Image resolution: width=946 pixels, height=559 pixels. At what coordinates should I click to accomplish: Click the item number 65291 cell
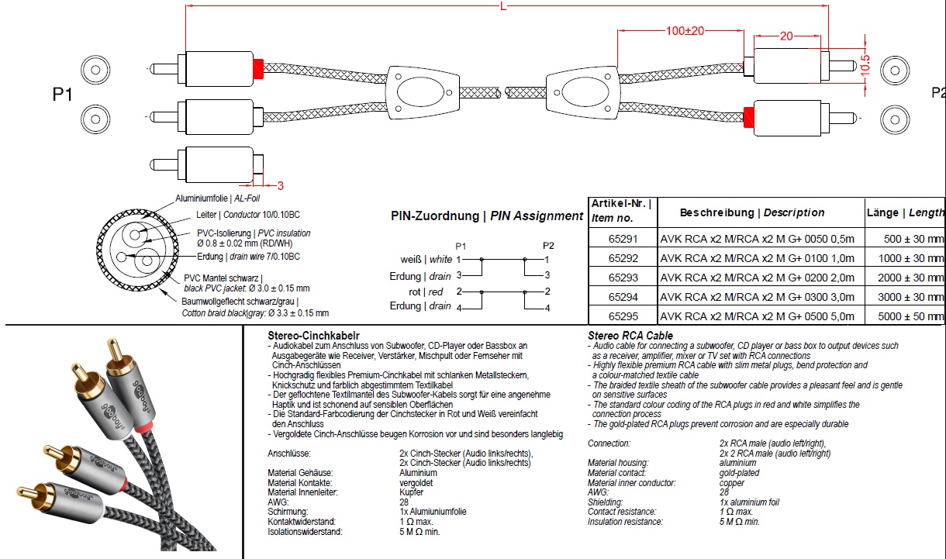click(624, 239)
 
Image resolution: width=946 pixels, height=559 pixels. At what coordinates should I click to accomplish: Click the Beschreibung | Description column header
click(752, 212)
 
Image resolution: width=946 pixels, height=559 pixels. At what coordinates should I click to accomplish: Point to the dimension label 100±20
click(685, 31)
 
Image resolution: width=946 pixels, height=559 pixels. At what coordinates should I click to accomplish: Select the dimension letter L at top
click(504, 7)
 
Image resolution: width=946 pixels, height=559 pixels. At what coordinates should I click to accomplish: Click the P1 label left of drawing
click(63, 95)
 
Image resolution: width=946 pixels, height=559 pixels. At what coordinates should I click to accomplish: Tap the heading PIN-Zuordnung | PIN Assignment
click(486, 216)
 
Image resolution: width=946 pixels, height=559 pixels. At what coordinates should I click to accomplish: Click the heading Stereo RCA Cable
click(630, 335)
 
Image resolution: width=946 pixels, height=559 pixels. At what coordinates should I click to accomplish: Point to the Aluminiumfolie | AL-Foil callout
click(207, 198)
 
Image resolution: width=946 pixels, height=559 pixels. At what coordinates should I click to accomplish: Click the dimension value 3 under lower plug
click(280, 185)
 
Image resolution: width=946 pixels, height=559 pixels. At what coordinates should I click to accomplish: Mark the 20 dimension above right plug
click(786, 36)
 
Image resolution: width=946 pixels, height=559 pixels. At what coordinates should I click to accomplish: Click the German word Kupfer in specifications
click(411, 492)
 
